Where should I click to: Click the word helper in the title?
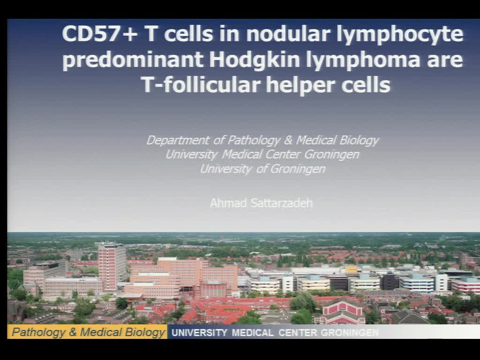[x=299, y=85]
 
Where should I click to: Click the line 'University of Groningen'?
[x=262, y=169]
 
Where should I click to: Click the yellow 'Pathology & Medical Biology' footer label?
[x=88, y=332]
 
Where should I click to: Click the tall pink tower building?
[x=112, y=265]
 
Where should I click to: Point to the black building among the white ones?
[x=389, y=281]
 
